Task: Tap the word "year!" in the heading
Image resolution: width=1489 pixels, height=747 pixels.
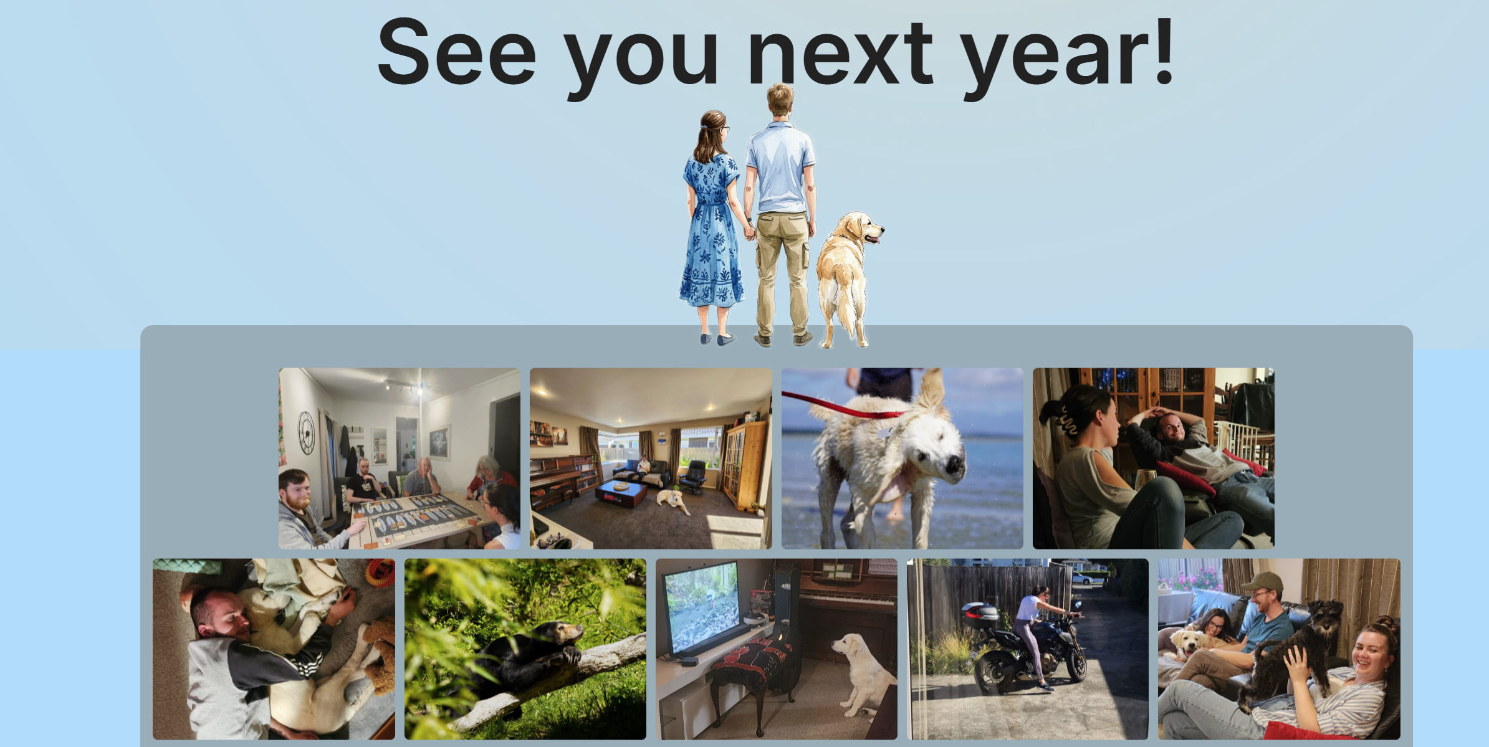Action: pos(1068,57)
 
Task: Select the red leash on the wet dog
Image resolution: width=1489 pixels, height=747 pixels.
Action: pos(841,407)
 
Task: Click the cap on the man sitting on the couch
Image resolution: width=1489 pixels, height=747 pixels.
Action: pos(1262,582)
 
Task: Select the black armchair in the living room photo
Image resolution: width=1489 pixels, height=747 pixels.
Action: pos(694,477)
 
